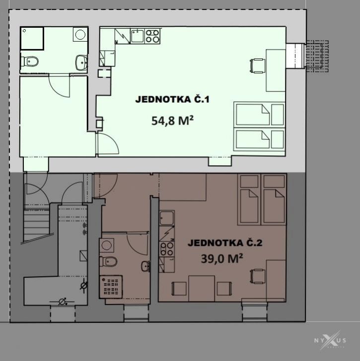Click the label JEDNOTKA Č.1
[x=172, y=99]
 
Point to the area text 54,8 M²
[x=172, y=120]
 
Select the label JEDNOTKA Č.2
[x=225, y=243]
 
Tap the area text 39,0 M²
[x=222, y=258]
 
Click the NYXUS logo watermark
[x=330, y=340]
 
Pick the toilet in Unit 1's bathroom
[x=29, y=61]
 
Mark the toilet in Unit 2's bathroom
[x=108, y=261]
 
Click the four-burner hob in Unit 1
[x=152, y=36]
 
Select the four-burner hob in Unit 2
[x=167, y=249]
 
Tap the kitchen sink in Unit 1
[x=138, y=36]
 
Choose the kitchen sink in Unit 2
[x=167, y=218]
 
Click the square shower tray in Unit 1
[x=32, y=38]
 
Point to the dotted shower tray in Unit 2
[x=111, y=287]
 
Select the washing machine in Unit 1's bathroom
[x=80, y=34]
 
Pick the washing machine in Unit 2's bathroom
[x=107, y=245]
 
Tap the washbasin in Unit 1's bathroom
[x=81, y=62]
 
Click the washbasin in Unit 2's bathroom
[x=145, y=266]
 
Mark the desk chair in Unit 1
[x=257, y=66]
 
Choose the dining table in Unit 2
[x=202, y=288]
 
